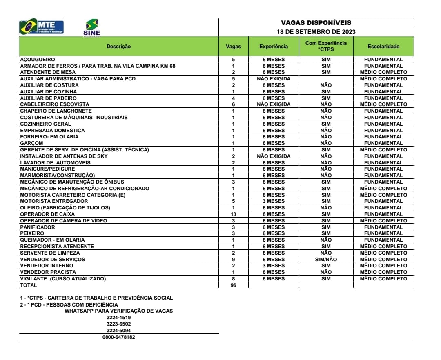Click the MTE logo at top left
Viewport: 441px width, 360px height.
[x=42, y=27]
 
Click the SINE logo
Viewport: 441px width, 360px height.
[x=91, y=28]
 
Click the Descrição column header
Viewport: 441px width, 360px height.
[x=118, y=47]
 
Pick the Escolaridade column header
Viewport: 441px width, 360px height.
[x=383, y=47]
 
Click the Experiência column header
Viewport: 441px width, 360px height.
[x=273, y=47]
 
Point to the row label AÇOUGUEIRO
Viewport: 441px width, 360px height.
[x=38, y=60]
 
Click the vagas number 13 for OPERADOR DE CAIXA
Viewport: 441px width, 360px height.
[x=233, y=214]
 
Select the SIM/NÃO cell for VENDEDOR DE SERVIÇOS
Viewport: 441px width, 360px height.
[x=326, y=260]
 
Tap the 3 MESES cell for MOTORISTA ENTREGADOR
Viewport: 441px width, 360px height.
[x=273, y=201]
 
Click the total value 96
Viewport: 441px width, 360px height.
[x=233, y=285]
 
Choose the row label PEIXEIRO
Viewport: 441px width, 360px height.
[x=32, y=233]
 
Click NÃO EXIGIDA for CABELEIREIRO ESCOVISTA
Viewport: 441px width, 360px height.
[x=273, y=104]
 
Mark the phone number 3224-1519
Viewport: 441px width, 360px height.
[x=118, y=318]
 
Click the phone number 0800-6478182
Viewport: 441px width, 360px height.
[x=118, y=337]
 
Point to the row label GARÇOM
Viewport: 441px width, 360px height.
[x=31, y=143]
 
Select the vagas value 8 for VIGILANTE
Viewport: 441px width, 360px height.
[x=233, y=279]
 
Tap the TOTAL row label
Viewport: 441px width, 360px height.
[x=28, y=285]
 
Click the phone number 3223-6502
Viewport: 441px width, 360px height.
[x=118, y=324]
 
